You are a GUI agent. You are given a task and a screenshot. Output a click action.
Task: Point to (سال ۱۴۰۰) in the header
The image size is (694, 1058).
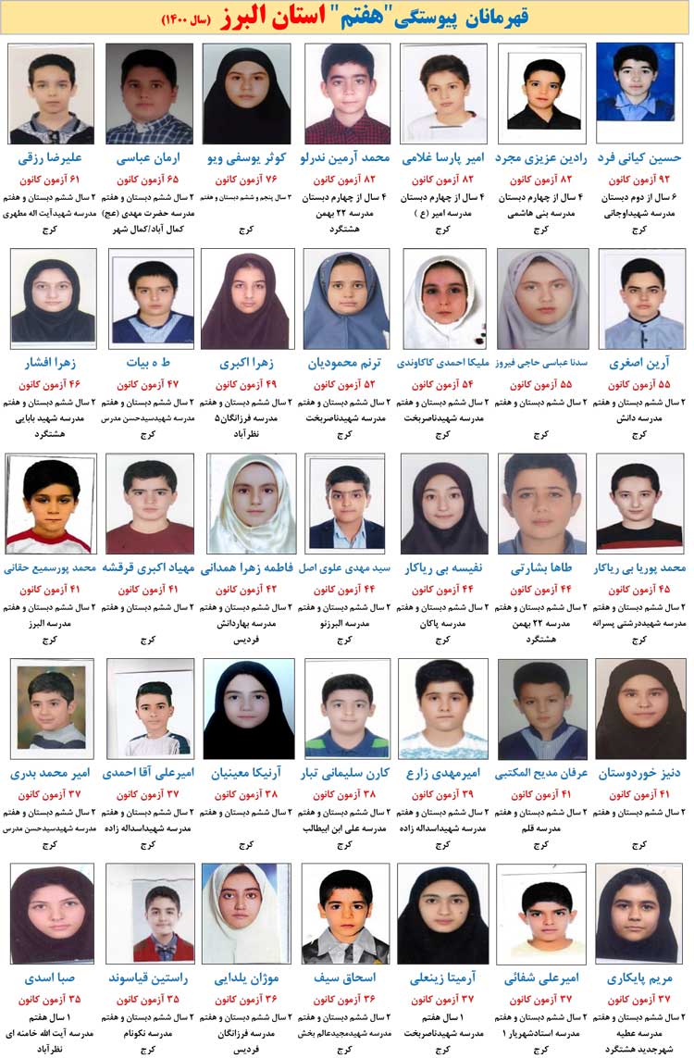[x=187, y=19]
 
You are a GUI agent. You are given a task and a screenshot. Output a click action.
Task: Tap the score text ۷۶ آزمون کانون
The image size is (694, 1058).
[x=245, y=180]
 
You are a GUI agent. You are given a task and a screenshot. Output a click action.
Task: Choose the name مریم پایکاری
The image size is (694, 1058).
[x=639, y=977]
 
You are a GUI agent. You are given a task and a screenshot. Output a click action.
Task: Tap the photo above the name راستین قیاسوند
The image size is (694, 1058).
[x=149, y=913]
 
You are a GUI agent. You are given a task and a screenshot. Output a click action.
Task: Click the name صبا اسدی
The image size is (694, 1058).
[x=53, y=977]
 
